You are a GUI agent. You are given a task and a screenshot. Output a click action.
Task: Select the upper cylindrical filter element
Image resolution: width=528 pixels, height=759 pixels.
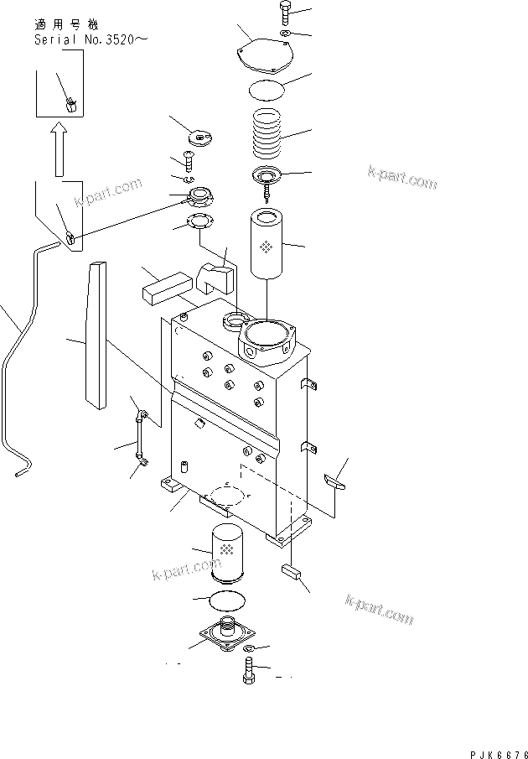point(266,245)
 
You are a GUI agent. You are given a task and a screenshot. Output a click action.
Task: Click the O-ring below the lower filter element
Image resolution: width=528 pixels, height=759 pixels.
point(225,600)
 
